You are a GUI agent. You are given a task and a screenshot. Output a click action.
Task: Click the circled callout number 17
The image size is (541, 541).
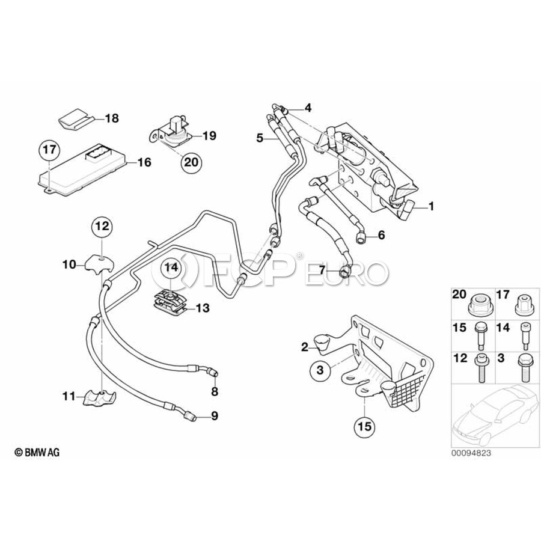49,150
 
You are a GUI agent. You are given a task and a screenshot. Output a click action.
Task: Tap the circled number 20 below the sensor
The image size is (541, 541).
192,162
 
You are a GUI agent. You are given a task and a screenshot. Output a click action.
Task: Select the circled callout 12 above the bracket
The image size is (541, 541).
102,227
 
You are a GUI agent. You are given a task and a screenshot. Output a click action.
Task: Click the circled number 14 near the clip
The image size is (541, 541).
171,267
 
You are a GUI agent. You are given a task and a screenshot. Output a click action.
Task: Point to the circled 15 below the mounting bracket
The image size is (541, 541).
365,427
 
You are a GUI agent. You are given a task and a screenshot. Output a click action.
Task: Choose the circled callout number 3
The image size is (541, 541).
320,370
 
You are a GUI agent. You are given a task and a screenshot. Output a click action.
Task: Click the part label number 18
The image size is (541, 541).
112,118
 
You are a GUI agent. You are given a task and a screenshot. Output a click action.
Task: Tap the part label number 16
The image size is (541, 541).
144,162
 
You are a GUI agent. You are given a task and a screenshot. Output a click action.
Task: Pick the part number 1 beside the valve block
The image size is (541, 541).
431,206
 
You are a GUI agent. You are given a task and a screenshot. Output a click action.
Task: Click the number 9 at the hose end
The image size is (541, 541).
215,416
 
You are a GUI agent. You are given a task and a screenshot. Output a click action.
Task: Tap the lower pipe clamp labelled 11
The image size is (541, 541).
99,398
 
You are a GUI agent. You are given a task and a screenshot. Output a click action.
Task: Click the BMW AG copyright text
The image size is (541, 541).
37,452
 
